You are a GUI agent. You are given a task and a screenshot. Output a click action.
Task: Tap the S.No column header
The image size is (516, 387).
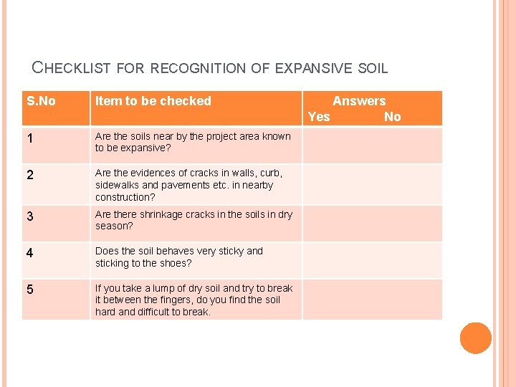[41, 101]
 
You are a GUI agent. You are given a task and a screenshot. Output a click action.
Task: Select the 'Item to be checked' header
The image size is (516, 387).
[153, 101]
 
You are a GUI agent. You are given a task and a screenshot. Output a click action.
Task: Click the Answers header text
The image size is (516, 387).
[359, 101]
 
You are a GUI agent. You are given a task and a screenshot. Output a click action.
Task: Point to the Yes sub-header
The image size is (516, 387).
[319, 117]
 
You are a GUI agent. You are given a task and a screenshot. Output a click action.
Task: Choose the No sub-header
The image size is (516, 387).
[393, 117]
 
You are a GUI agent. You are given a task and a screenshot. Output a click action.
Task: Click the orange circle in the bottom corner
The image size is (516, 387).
[475, 338]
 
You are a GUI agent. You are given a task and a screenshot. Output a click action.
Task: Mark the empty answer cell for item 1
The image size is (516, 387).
[372, 145]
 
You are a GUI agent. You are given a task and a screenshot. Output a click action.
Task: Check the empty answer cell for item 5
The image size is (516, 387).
[372, 300]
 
